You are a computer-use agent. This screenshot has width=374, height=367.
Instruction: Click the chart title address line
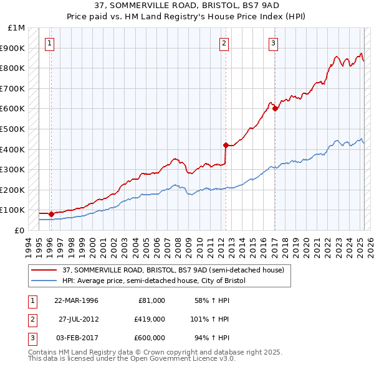pyautogui.click(x=187, y=6)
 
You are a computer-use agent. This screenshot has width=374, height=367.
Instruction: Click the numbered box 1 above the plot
pyautogui.click(x=49, y=44)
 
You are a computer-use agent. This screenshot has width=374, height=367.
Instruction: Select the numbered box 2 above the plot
pyautogui.click(x=224, y=44)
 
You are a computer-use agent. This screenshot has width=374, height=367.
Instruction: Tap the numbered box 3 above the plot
pyautogui.click(x=274, y=44)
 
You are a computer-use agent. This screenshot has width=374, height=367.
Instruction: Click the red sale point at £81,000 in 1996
pyautogui.click(x=51, y=214)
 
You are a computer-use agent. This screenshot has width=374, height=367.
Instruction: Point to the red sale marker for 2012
pyautogui.click(x=226, y=145)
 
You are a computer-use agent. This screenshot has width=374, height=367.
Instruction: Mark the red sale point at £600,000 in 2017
pyautogui.click(x=275, y=108)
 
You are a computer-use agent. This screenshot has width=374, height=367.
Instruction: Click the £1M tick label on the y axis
pyautogui.click(x=17, y=28)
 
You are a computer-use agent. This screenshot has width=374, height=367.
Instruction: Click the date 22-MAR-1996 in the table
pyautogui.click(x=77, y=300)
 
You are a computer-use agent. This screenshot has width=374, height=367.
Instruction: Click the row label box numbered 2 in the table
pyautogui.click(x=32, y=319)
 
